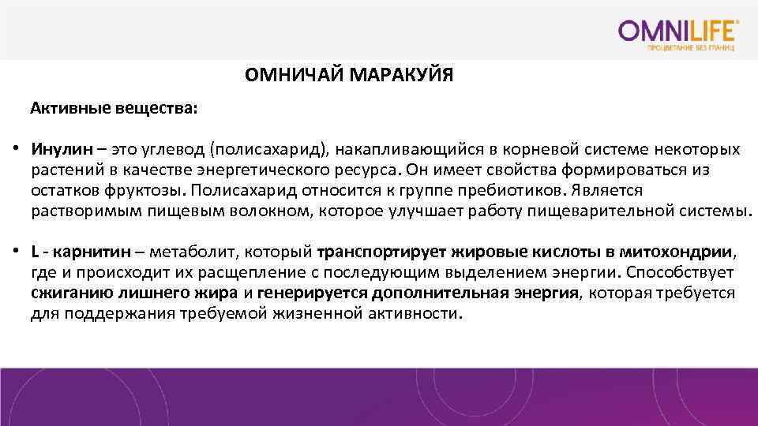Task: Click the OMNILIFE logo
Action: click(x=679, y=31)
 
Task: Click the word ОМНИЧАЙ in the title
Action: click(x=294, y=77)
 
